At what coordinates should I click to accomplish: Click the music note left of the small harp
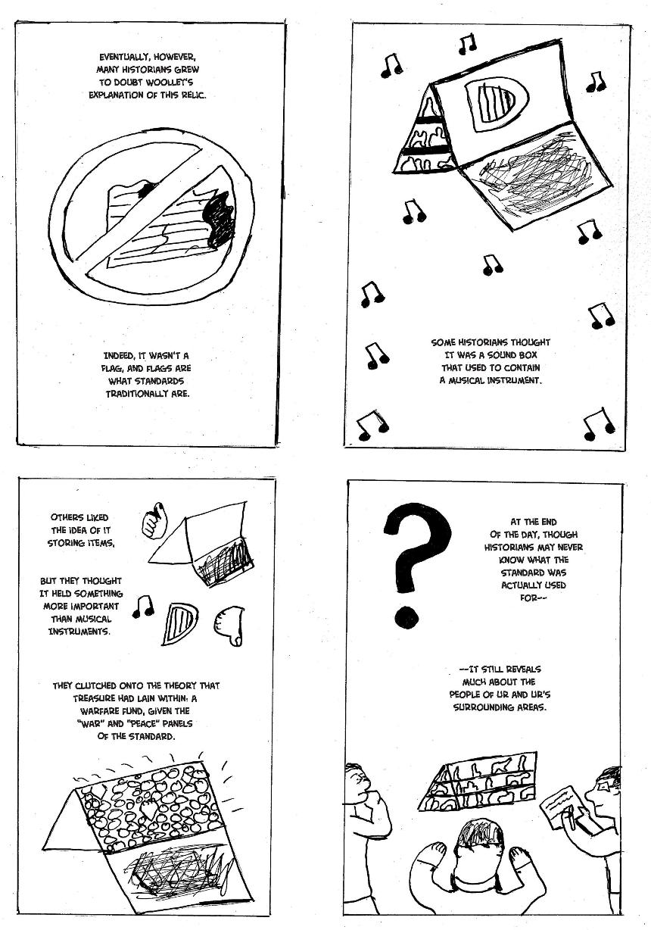(x=143, y=607)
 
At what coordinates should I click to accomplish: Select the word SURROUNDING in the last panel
(x=480, y=707)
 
